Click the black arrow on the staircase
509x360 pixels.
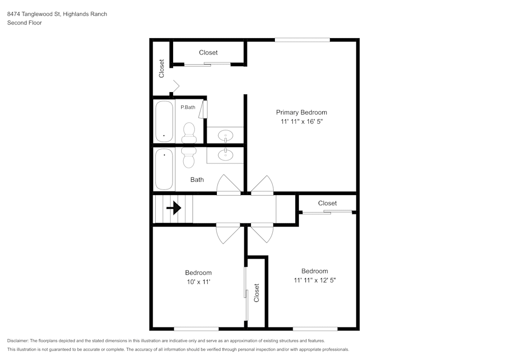(174, 208)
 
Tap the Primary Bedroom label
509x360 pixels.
(301, 113)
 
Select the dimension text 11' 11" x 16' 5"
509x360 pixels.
(301, 122)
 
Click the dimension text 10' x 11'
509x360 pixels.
(198, 282)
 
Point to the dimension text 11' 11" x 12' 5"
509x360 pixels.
(314, 280)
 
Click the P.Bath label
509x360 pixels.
(188, 107)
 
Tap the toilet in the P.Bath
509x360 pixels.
(189, 133)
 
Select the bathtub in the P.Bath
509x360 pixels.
(164, 122)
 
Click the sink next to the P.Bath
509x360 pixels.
(225, 135)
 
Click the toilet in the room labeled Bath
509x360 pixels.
(188, 157)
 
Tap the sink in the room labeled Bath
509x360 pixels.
(224, 154)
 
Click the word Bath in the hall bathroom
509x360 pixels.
(197, 180)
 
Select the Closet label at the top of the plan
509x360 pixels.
(208, 52)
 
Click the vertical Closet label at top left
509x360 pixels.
(162, 69)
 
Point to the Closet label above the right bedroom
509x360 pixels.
(327, 203)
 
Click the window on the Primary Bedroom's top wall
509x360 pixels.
(302, 40)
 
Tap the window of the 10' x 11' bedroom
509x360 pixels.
(196, 329)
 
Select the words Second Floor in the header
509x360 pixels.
(24, 23)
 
